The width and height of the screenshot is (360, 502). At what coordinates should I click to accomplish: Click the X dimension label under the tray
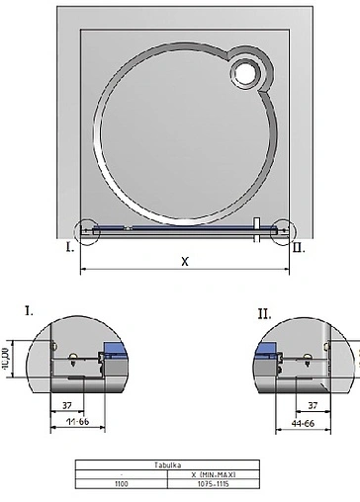tap(185, 262)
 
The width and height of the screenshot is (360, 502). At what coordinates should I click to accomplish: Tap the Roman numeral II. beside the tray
tap(299, 248)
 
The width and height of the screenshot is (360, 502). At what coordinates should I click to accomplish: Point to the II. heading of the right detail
tap(264, 313)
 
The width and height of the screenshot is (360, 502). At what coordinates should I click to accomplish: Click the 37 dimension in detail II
tap(312, 405)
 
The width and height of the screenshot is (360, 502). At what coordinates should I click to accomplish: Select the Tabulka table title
tap(180, 465)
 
